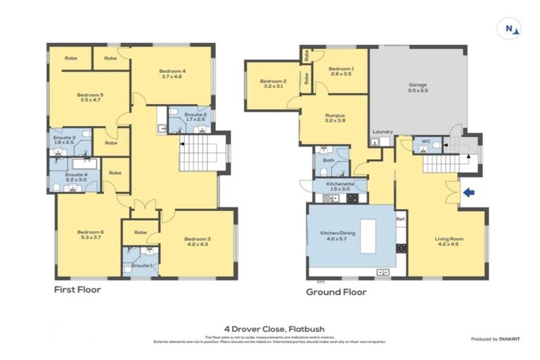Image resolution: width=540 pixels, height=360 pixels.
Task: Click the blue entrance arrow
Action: (470, 192)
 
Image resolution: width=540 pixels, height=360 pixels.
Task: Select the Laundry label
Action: (382, 132)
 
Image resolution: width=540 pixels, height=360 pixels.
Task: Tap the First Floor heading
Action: (77, 290)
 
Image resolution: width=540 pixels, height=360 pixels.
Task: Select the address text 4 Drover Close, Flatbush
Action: (270, 328)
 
